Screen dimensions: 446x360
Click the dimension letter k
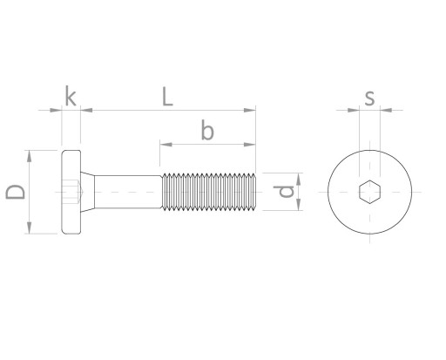[71, 96]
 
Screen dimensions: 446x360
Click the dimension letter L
[167, 97]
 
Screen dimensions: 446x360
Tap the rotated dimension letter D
[16, 192]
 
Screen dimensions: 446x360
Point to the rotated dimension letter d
[284, 192]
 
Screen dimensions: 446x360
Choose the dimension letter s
[369, 98]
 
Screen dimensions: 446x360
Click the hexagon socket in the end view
[369, 192]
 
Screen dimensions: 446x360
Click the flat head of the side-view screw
[71, 192]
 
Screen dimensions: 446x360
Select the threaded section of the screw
[209, 192]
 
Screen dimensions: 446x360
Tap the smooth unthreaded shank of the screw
[128, 192]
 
